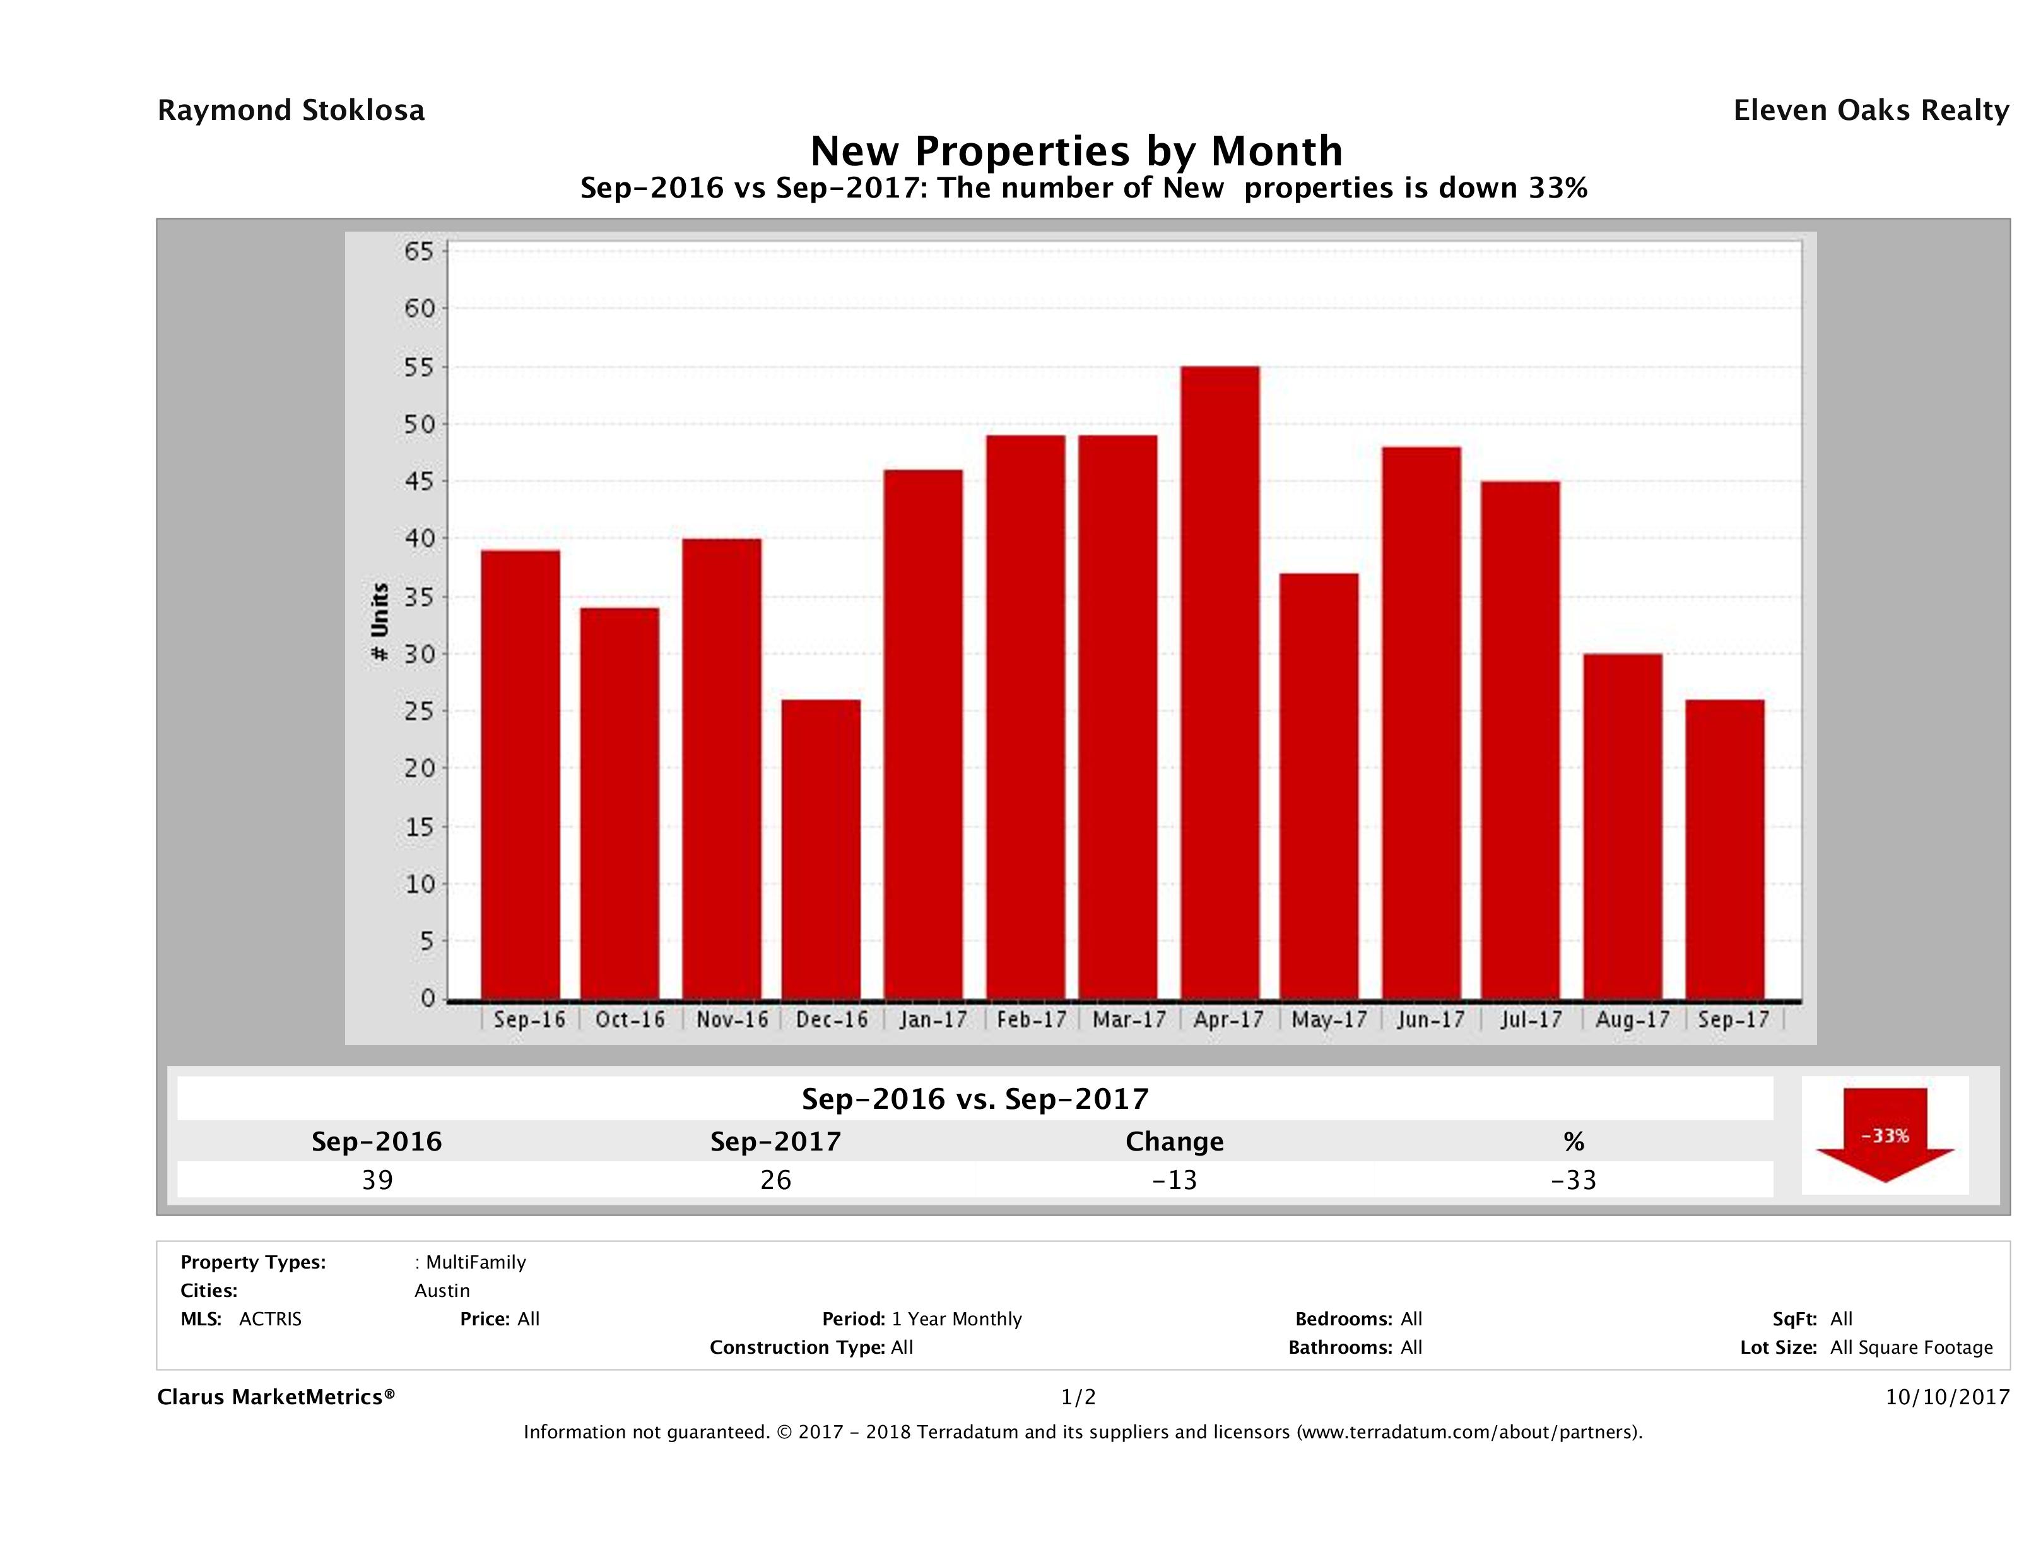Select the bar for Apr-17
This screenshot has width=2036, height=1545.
coord(1220,682)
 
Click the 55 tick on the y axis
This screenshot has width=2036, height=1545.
coord(419,367)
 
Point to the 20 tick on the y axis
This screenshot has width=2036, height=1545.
coord(419,768)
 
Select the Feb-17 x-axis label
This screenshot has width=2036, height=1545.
coord(1031,1019)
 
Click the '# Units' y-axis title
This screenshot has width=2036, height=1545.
coord(379,622)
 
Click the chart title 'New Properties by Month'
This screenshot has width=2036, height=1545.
coord(1076,150)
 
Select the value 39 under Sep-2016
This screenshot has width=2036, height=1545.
coord(377,1180)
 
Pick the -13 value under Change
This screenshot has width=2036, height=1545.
coord(1175,1180)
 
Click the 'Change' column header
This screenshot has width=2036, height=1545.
coord(1175,1142)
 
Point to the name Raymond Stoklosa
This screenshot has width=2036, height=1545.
coord(291,110)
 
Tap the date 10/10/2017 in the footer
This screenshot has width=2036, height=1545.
coord(1946,1397)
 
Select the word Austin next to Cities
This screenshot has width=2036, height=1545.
coord(442,1291)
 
